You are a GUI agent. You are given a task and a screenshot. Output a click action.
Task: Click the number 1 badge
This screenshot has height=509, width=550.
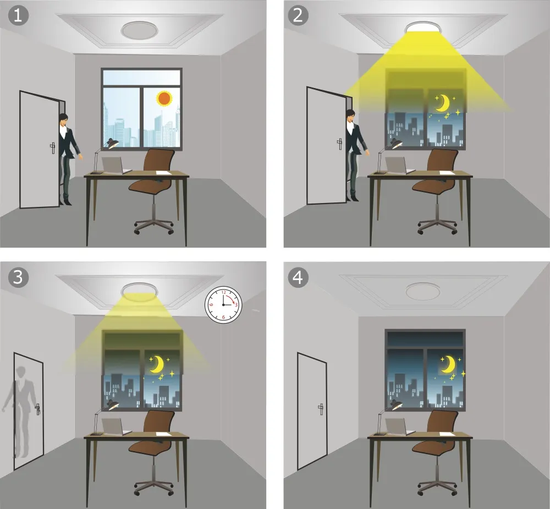click(x=18, y=16)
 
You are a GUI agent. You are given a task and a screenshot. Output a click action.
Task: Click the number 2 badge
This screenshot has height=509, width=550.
click(x=298, y=15)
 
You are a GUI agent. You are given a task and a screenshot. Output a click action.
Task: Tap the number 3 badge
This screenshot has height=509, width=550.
click(x=18, y=277)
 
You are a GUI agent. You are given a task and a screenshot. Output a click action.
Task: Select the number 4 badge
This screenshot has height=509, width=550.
click(x=298, y=277)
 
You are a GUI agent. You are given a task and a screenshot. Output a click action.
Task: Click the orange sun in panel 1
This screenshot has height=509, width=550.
click(x=164, y=98)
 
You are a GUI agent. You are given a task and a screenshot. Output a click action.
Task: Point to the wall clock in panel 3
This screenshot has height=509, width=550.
click(x=223, y=305)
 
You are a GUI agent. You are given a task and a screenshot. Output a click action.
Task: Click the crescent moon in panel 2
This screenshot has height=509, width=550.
click(x=443, y=103)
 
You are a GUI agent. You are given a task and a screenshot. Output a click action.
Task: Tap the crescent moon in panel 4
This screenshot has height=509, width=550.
click(x=449, y=364)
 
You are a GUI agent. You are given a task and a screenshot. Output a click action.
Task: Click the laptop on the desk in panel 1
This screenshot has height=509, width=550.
click(x=115, y=166)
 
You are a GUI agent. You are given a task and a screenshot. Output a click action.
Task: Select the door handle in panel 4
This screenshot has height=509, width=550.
click(x=321, y=409)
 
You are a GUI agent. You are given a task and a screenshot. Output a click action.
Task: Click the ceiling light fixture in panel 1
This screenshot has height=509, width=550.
click(x=140, y=30)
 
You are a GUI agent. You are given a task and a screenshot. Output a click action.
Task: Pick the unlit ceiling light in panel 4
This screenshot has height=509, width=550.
click(x=422, y=291)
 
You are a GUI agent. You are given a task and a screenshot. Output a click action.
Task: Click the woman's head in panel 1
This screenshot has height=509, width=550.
click(x=63, y=120)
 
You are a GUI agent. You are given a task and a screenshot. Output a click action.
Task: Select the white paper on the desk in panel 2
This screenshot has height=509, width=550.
click(x=447, y=172)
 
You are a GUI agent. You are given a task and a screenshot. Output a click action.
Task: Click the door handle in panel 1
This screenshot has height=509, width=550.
click(x=53, y=148)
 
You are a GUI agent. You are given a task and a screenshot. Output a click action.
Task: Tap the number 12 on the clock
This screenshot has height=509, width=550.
click(x=223, y=292)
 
